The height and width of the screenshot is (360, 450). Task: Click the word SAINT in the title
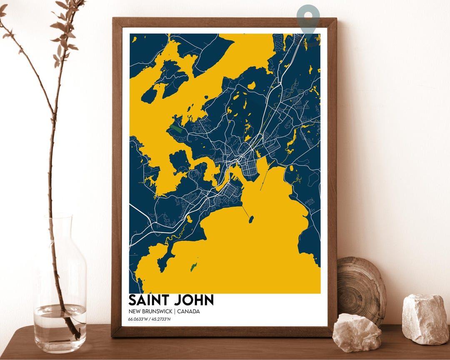[x=149, y=300]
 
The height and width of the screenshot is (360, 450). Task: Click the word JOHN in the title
[x=194, y=300]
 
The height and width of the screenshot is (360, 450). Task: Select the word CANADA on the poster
[x=188, y=312]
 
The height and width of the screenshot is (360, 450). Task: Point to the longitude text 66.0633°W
[x=139, y=320]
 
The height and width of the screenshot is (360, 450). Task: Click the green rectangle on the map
[x=175, y=129]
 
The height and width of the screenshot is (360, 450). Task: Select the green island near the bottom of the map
[x=194, y=267]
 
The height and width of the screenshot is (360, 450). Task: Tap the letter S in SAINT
[x=132, y=300]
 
